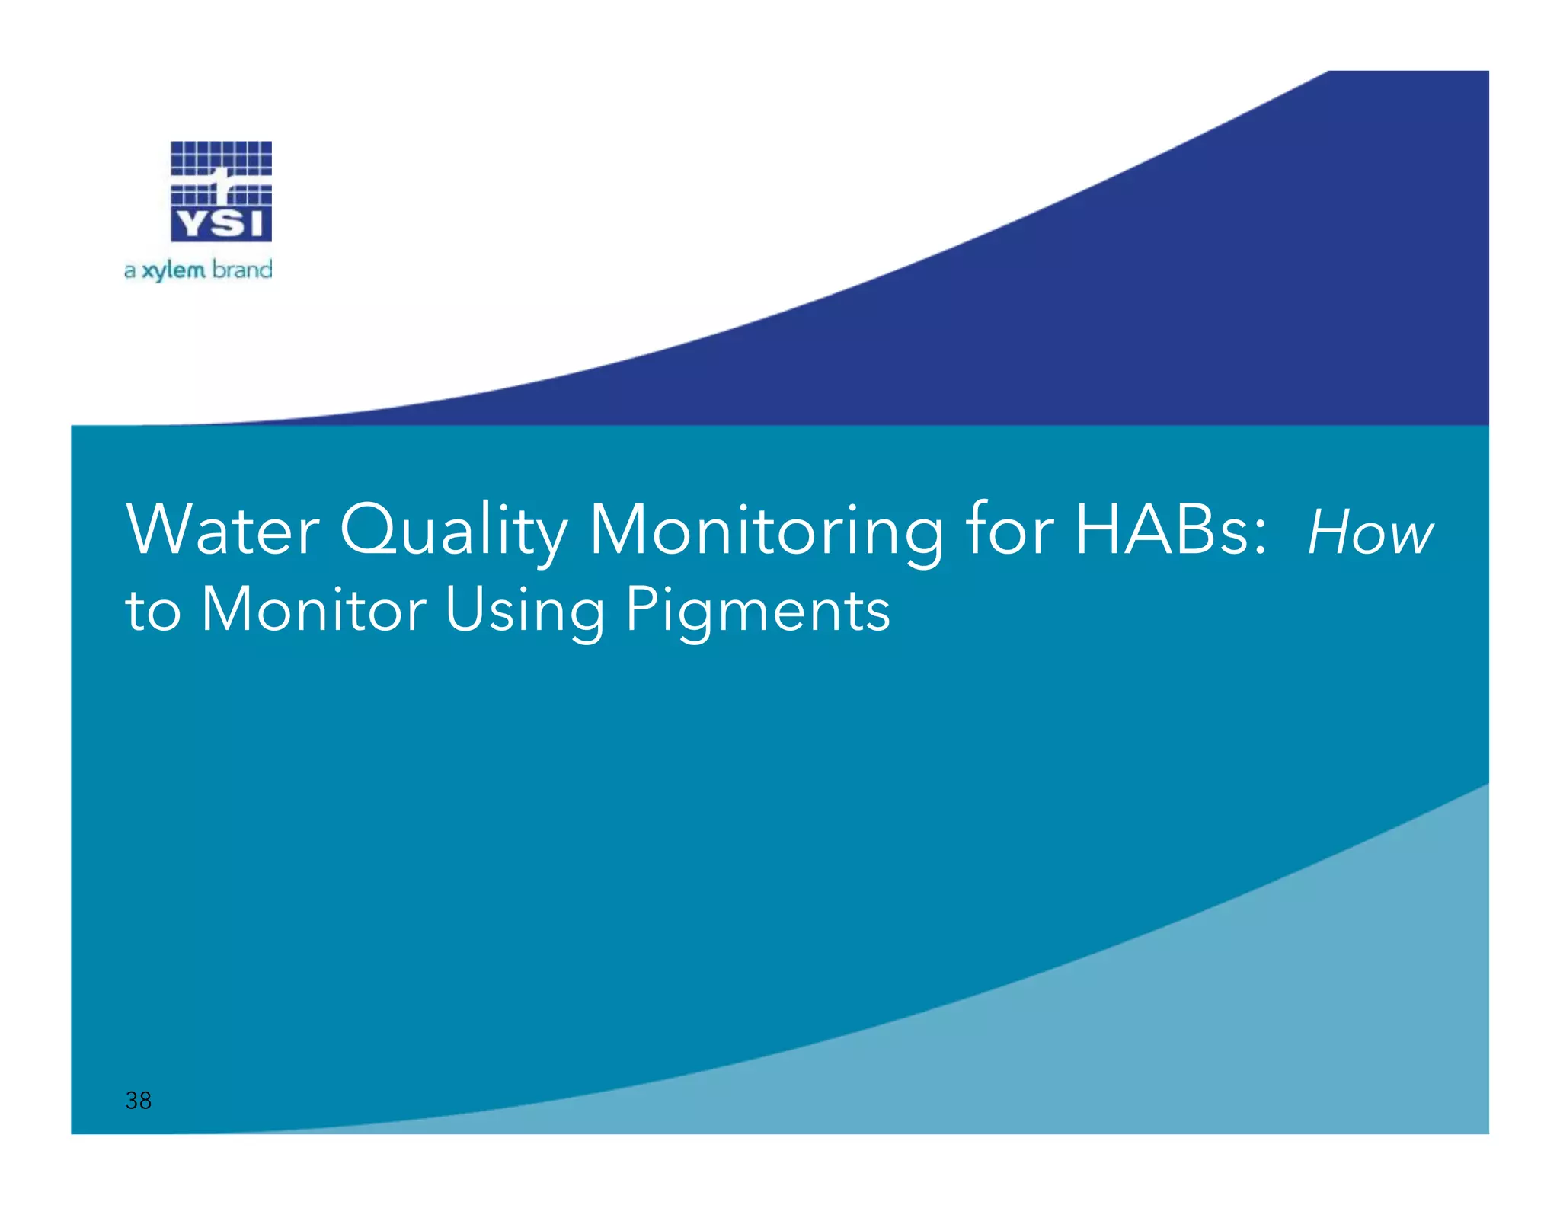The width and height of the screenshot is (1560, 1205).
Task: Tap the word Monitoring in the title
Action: (766, 532)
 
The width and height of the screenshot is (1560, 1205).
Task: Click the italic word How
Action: (1370, 533)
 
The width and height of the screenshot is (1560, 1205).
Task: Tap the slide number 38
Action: (139, 1100)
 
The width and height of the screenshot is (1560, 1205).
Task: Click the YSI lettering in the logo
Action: (221, 224)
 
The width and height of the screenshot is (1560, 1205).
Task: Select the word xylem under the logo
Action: (174, 270)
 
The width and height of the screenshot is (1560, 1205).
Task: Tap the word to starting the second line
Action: (153, 611)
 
